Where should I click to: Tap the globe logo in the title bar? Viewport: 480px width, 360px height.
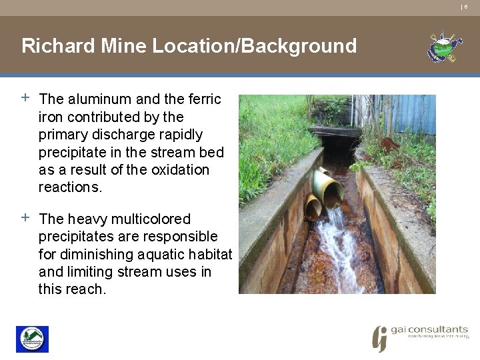click(x=444, y=47)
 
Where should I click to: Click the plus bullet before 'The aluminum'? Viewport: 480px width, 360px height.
click(x=25, y=97)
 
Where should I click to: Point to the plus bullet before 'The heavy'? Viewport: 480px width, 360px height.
click(x=25, y=217)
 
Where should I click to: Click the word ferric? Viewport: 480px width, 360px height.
click(x=204, y=99)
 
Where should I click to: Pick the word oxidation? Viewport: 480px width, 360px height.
click(x=180, y=169)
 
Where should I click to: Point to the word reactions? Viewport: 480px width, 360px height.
click(x=70, y=187)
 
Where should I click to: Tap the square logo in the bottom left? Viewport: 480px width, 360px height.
click(x=32, y=339)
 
